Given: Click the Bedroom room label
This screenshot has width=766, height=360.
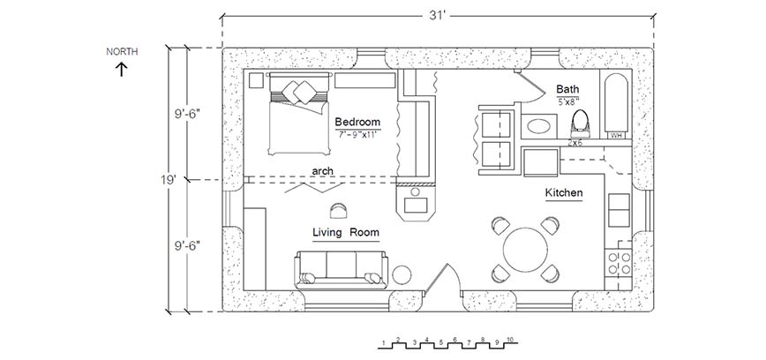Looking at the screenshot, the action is (357, 122).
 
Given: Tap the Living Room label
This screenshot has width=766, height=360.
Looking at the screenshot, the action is (346, 233).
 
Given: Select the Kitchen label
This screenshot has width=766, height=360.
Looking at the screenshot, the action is (564, 193).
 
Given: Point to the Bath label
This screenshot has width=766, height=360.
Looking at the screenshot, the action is (567, 89).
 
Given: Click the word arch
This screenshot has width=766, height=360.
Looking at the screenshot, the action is (322, 171).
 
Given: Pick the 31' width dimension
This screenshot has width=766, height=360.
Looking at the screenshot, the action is (438, 15).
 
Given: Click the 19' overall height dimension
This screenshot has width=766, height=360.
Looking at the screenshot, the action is (169, 180).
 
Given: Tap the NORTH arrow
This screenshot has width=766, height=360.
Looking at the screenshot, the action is (121, 70).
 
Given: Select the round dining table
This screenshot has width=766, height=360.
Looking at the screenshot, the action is (525, 250).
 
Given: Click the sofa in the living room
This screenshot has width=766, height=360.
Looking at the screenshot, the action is (341, 270).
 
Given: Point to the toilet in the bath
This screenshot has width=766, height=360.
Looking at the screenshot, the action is (581, 124).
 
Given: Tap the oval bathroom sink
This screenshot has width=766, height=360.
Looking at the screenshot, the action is (539, 126).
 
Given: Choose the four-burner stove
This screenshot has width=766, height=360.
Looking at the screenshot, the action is (618, 263).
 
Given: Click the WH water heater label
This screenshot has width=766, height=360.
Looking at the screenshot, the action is (616, 135).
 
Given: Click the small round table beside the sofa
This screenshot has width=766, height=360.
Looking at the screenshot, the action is (402, 274).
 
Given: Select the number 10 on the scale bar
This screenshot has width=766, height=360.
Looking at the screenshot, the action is (509, 340).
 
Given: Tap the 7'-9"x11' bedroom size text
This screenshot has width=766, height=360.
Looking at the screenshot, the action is (357, 134).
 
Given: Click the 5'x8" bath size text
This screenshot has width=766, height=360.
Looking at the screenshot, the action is (568, 101).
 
